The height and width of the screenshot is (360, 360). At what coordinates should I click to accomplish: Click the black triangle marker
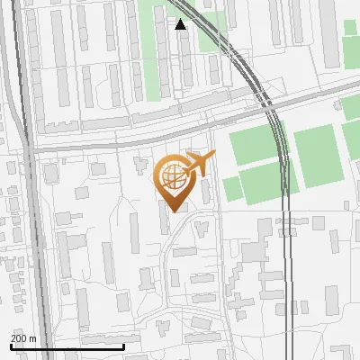(181, 24)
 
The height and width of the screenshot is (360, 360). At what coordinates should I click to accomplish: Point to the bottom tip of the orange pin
(173, 211)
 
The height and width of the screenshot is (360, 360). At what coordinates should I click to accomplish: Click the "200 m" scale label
(23, 337)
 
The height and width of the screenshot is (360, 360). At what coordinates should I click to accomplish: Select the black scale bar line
(67, 346)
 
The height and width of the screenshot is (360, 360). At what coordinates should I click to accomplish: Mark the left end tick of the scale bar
(11, 345)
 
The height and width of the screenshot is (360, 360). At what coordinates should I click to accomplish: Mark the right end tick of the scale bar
(123, 345)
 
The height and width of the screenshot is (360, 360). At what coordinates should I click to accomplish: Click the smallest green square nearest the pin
(232, 187)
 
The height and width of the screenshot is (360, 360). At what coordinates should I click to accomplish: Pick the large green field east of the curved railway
(315, 156)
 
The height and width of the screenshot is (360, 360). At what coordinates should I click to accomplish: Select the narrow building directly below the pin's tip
(165, 220)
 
